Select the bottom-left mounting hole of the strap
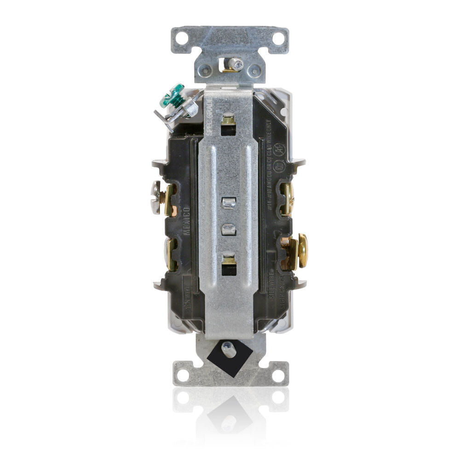pos(183,374)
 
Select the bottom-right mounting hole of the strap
pos(277,374)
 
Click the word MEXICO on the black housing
pos(187,221)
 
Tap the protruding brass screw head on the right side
pos(303,251)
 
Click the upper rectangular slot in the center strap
pos(228,126)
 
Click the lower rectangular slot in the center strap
pos(228,265)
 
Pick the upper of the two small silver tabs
pos(228,202)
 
